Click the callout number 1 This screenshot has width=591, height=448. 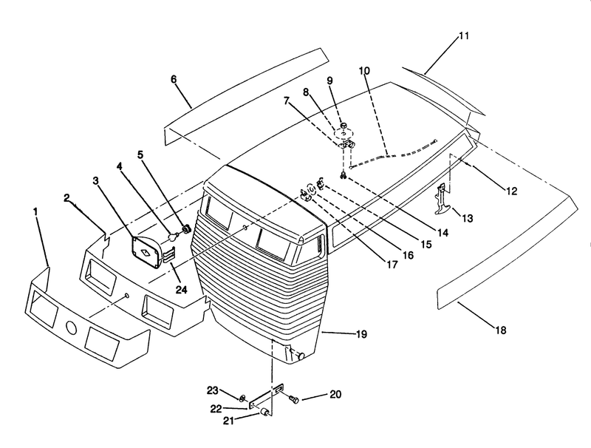pyautogui.click(x=35, y=211)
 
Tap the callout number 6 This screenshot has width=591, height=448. pyautogui.click(x=174, y=79)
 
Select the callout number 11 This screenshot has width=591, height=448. pyautogui.click(x=464, y=35)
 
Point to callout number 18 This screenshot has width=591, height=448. pyautogui.click(x=501, y=330)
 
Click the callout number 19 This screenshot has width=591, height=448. pyautogui.click(x=361, y=334)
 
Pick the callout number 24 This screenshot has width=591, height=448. pyautogui.click(x=181, y=290)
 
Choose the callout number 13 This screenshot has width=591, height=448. pyautogui.click(x=468, y=218)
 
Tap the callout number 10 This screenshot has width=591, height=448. pyautogui.click(x=364, y=70)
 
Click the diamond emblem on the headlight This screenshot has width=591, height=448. pyautogui.click(x=145, y=254)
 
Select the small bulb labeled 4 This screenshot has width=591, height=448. pyautogui.click(x=173, y=237)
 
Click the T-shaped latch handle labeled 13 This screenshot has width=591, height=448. pyautogui.click(x=441, y=198)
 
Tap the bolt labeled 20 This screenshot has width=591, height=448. pyautogui.click(x=294, y=398)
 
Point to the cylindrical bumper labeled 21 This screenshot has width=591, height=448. pyautogui.click(x=264, y=412)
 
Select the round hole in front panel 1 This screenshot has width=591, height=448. pyautogui.click(x=70, y=328)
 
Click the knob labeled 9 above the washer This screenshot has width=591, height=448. pyautogui.click(x=344, y=125)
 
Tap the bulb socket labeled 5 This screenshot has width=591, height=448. pyautogui.click(x=186, y=228)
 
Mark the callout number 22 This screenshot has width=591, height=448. pyautogui.click(x=216, y=409)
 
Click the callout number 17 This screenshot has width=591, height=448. pyautogui.click(x=392, y=265)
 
